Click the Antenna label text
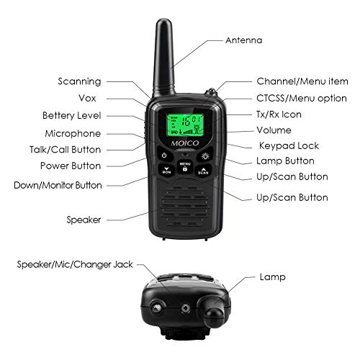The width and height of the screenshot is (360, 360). [244, 40]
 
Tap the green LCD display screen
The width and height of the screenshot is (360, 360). [184, 124]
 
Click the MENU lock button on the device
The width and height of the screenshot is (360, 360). [185, 167]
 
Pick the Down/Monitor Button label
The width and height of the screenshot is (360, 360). [68, 185]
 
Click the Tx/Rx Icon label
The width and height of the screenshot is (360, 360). [279, 114]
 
